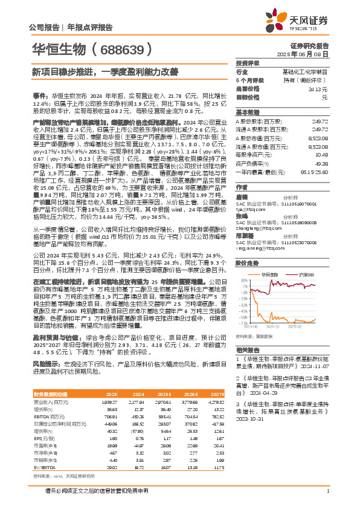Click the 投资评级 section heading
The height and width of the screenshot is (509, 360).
(248, 63)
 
